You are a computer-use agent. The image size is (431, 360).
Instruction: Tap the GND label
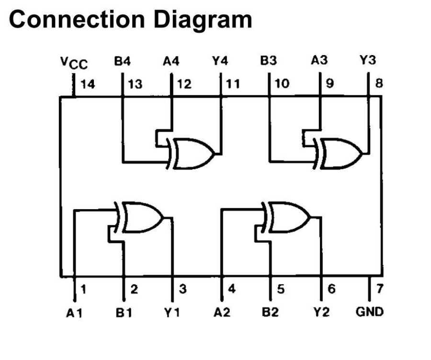pyautogui.click(x=369, y=312)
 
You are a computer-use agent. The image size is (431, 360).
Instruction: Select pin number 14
pyautogui.click(x=88, y=84)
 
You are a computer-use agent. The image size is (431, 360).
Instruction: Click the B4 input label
pyautogui.click(x=122, y=61)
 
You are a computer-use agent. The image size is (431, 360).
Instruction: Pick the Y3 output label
pyautogui.click(x=367, y=61)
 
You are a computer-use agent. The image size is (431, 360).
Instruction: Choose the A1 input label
pyautogui.click(x=75, y=313)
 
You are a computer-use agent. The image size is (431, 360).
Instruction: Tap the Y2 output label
pyautogui.click(x=321, y=313)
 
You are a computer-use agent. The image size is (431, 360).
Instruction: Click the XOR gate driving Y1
pyautogui.click(x=142, y=216)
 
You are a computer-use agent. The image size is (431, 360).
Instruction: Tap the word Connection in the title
pyautogui.click(x=77, y=20)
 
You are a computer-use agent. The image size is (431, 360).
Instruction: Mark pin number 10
pyautogui.click(x=282, y=84)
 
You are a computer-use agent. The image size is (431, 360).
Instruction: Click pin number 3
pyautogui.click(x=182, y=289)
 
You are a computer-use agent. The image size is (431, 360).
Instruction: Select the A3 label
pyautogui.click(x=319, y=61)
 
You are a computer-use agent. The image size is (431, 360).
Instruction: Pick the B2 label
pyautogui.click(x=270, y=313)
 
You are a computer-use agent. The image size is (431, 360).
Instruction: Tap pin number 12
pyautogui.click(x=184, y=84)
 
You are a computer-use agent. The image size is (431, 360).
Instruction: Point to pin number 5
pyautogui.click(x=281, y=289)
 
